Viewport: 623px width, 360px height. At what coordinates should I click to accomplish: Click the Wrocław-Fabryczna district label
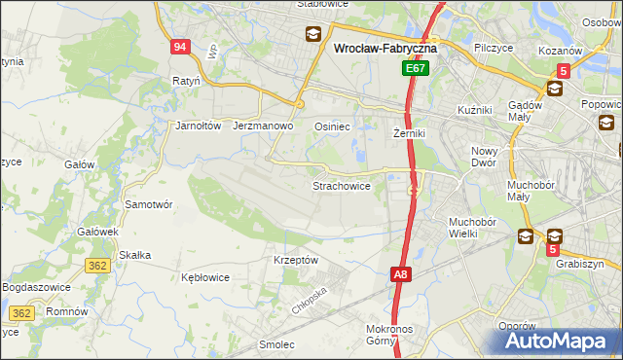coord(385,47)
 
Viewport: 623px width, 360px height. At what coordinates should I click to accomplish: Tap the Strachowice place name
coord(341,185)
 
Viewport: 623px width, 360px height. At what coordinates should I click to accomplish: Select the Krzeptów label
coord(296,260)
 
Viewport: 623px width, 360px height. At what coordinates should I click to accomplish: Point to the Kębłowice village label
coord(205,277)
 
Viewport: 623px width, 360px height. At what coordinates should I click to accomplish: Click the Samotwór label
coord(149,204)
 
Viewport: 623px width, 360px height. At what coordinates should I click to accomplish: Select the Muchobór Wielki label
coord(473,228)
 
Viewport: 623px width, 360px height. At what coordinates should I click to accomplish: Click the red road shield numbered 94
coord(179,47)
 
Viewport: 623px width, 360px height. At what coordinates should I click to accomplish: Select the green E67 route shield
coord(416,69)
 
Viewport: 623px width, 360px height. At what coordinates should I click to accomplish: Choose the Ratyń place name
coord(185,81)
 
